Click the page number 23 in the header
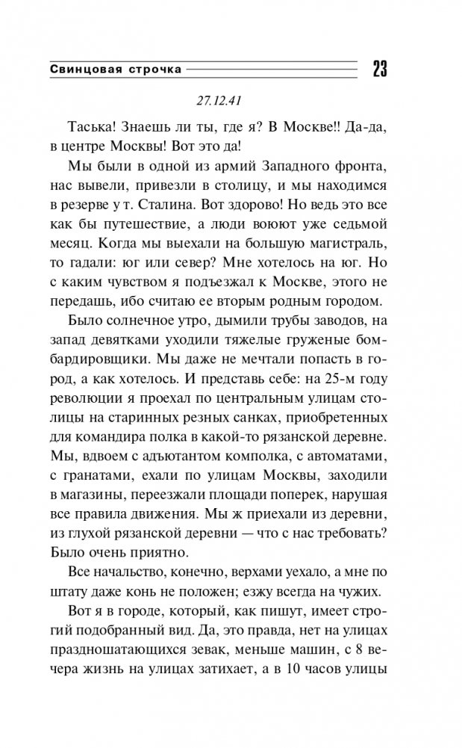pyautogui.click(x=378, y=70)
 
